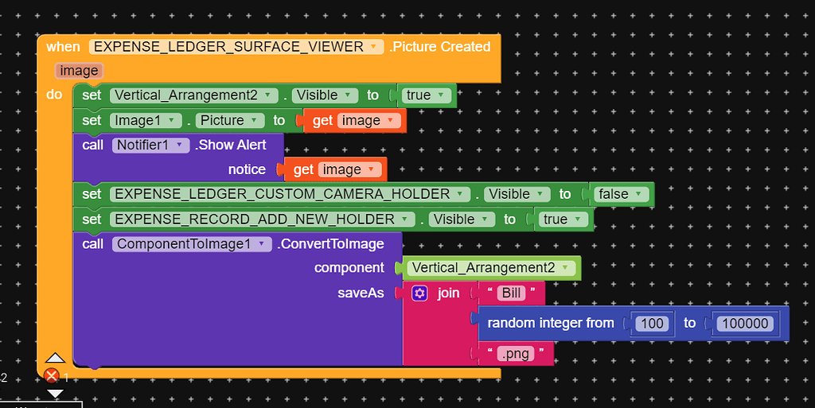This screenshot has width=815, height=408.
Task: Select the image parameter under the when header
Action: pyautogui.click(x=79, y=71)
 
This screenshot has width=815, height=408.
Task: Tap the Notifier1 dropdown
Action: pyautogui.click(x=151, y=145)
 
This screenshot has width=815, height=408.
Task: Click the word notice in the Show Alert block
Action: pyautogui.click(x=247, y=169)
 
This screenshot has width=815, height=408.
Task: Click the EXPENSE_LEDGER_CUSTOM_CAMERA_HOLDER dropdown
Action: pyautogui.click(x=289, y=194)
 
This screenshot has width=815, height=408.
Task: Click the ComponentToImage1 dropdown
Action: pyautogui.click(x=193, y=244)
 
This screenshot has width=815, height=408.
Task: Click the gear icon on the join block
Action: pyautogui.click(x=420, y=293)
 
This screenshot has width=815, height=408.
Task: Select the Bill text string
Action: pyautogui.click(x=511, y=293)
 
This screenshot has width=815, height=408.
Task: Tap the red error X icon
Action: pyautogui.click(x=52, y=375)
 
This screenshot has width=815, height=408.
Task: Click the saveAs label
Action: pyautogui.click(x=361, y=293)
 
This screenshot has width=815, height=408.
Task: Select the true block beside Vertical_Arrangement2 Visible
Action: pyautogui.click(x=425, y=95)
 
